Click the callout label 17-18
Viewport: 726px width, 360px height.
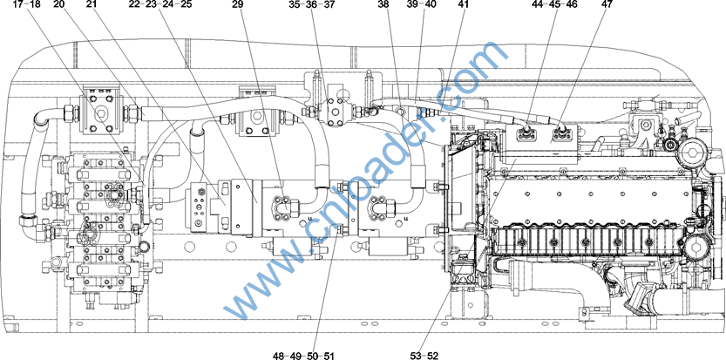tap(27, 4)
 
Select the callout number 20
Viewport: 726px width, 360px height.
tap(59, 4)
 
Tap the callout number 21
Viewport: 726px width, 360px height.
tap(92, 4)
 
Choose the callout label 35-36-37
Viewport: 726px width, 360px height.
tap(311, 4)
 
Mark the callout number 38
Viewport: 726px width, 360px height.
tap(383, 4)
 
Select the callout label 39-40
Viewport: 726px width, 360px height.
tap(421, 4)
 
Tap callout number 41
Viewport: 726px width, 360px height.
tap(463, 4)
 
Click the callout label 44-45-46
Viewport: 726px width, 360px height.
tap(554, 4)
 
